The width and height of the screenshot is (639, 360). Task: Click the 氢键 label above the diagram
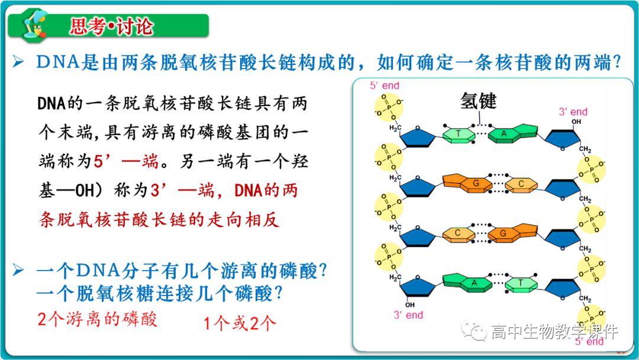pyautogui.click(x=479, y=101)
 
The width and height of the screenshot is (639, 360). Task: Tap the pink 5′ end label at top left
pyautogui.click(x=385, y=86)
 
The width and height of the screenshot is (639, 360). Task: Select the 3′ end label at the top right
pyautogui.click(x=573, y=112)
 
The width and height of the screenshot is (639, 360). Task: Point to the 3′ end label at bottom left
pyautogui.click(x=409, y=315)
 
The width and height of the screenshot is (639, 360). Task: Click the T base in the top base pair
pyautogui.click(x=459, y=134)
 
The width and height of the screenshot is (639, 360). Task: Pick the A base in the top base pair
pyautogui.click(x=505, y=134)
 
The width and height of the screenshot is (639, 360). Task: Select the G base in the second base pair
pyautogui.click(x=475, y=184)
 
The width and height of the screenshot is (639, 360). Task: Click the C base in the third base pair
pyautogui.click(x=459, y=233)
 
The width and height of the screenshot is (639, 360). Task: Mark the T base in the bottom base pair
pyautogui.click(x=521, y=283)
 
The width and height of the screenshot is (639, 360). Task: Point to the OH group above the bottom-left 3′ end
pyautogui.click(x=409, y=305)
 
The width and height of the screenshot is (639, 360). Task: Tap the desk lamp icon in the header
pyautogui.click(x=34, y=26)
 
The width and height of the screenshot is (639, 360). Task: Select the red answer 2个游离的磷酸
pyautogui.click(x=98, y=320)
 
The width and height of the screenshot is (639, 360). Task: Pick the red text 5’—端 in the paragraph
pyautogui.click(x=121, y=162)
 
